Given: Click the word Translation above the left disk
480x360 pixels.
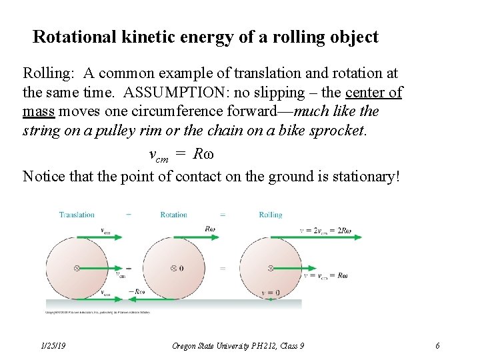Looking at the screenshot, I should [x=77, y=215].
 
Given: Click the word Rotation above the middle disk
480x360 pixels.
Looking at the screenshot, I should [x=173, y=215].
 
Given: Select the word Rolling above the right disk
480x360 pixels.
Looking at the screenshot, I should [x=271, y=215].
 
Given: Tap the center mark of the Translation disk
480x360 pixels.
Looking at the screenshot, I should [x=77, y=268].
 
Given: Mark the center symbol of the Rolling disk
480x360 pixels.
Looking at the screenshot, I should [x=271, y=268].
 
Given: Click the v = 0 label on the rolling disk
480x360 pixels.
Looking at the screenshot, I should [x=270, y=293].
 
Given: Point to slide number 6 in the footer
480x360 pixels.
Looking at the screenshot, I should [x=437, y=345].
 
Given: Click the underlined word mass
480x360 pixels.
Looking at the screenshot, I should [x=38, y=111].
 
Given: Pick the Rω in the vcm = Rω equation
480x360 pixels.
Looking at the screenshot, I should [x=203, y=154].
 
